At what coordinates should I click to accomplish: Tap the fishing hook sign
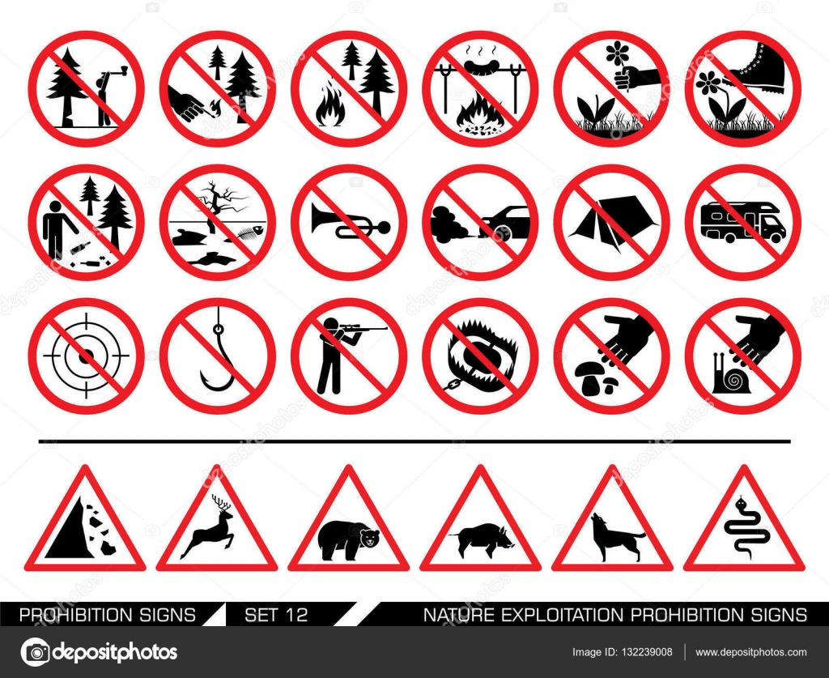point(217,356)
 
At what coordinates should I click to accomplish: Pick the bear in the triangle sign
point(348,540)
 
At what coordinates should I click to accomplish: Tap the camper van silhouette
point(743,223)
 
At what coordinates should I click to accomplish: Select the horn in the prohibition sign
point(350,222)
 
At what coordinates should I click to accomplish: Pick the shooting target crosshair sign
point(86,356)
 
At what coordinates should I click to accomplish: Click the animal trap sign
point(480,356)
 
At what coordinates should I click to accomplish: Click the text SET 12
point(276,615)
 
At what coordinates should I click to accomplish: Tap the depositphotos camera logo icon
point(35,651)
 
